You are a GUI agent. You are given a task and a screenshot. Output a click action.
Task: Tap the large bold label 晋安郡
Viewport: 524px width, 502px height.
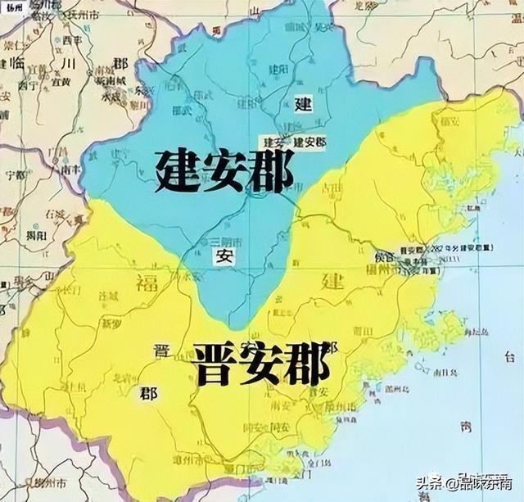(x=261, y=361)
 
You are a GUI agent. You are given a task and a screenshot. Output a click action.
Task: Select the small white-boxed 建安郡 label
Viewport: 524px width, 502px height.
(x=309, y=141)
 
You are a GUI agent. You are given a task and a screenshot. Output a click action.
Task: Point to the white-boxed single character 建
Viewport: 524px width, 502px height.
(x=303, y=103)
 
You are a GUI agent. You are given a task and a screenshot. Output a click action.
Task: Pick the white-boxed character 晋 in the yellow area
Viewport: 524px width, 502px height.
(x=161, y=350)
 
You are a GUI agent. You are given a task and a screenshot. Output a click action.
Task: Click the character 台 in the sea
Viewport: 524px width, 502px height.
(x=511, y=357)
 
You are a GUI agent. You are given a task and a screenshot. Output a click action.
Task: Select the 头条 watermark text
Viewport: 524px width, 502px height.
(x=431, y=482)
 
